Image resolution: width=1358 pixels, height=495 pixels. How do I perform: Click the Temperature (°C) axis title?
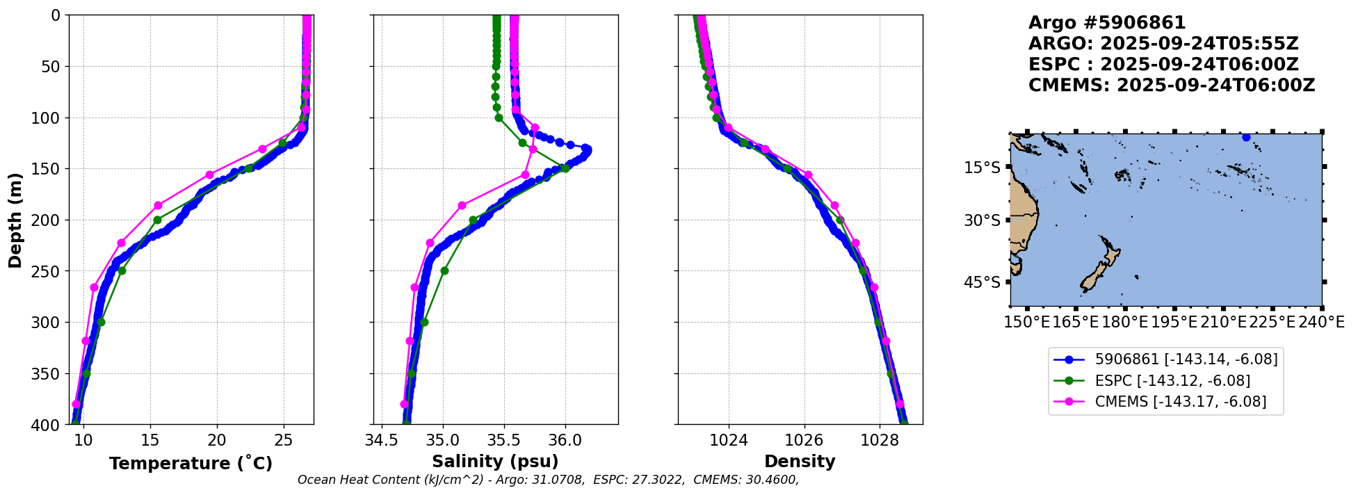pyautogui.click(x=191, y=464)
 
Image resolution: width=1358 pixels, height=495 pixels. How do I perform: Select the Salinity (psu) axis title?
pyautogui.click(x=495, y=462)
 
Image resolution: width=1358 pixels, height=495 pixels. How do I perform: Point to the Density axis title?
pyautogui.click(x=800, y=462)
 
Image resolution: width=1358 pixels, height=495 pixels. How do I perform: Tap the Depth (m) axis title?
pyautogui.click(x=15, y=220)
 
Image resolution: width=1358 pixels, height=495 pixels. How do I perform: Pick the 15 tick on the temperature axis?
pyautogui.click(x=150, y=439)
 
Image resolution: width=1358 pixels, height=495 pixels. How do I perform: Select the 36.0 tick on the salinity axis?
pyautogui.click(x=565, y=439)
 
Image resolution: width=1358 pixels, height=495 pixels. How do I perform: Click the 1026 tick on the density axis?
pyautogui.click(x=805, y=439)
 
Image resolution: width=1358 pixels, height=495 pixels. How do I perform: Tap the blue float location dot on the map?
pyautogui.click(x=1246, y=138)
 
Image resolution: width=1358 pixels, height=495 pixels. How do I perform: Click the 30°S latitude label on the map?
pyautogui.click(x=982, y=220)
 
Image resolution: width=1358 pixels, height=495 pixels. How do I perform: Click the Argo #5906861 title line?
pyautogui.click(x=1107, y=24)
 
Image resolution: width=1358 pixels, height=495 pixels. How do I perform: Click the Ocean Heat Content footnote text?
pyautogui.click(x=548, y=480)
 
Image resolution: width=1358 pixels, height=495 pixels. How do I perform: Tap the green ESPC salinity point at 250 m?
pyautogui.click(x=444, y=271)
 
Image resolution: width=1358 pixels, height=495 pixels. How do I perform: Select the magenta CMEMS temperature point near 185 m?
pyautogui.click(x=158, y=205)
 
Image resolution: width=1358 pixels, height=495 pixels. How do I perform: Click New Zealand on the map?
pyautogui.click(x=1101, y=268)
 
